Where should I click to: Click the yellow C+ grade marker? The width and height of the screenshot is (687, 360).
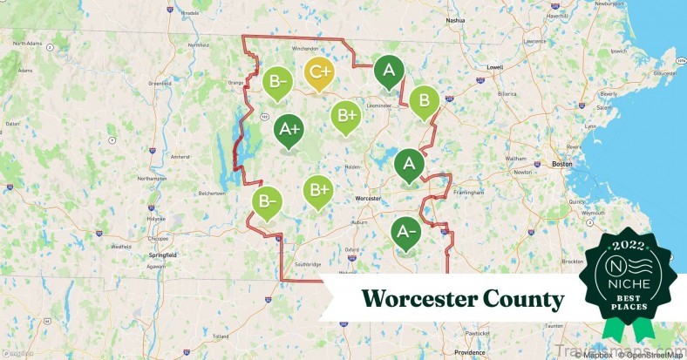click(x=319, y=74)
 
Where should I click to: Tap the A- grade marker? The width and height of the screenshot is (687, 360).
click(x=404, y=232)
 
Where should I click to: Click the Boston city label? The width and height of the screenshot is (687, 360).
click(x=561, y=164)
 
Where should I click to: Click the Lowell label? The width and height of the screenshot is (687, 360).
click(x=495, y=66)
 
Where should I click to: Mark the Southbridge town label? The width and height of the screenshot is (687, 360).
click(x=309, y=263)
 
